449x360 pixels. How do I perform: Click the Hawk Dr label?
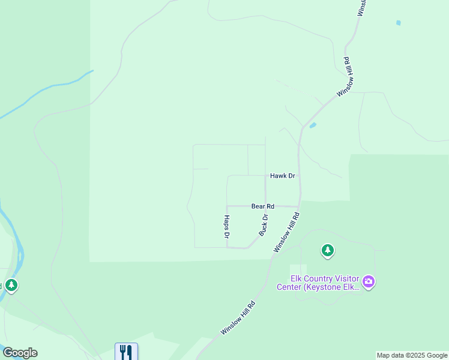[x=283, y=176]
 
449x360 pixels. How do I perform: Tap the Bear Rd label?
[x=263, y=206]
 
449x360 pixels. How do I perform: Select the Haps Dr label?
[x=227, y=227]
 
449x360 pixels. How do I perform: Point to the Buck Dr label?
[x=263, y=224]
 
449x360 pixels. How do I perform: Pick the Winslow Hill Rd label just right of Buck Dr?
[x=286, y=232]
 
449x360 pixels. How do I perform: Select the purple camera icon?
[x=369, y=281]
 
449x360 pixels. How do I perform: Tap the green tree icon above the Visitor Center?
[x=327, y=250]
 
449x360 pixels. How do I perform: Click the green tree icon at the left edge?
[x=11, y=285]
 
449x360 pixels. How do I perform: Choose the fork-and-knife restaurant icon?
[x=126, y=352]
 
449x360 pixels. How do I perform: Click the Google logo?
[x=20, y=353]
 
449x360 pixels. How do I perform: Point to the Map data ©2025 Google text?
[x=412, y=355]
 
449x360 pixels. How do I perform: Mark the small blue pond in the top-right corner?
[x=398, y=23]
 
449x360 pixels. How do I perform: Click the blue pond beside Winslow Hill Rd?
[x=313, y=125]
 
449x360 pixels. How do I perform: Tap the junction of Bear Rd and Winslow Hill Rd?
[x=298, y=206]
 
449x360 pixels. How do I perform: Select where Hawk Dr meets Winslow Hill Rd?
[x=299, y=176]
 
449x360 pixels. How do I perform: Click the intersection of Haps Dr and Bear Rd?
[x=227, y=206]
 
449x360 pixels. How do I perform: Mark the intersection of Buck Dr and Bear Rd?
[x=266, y=206]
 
